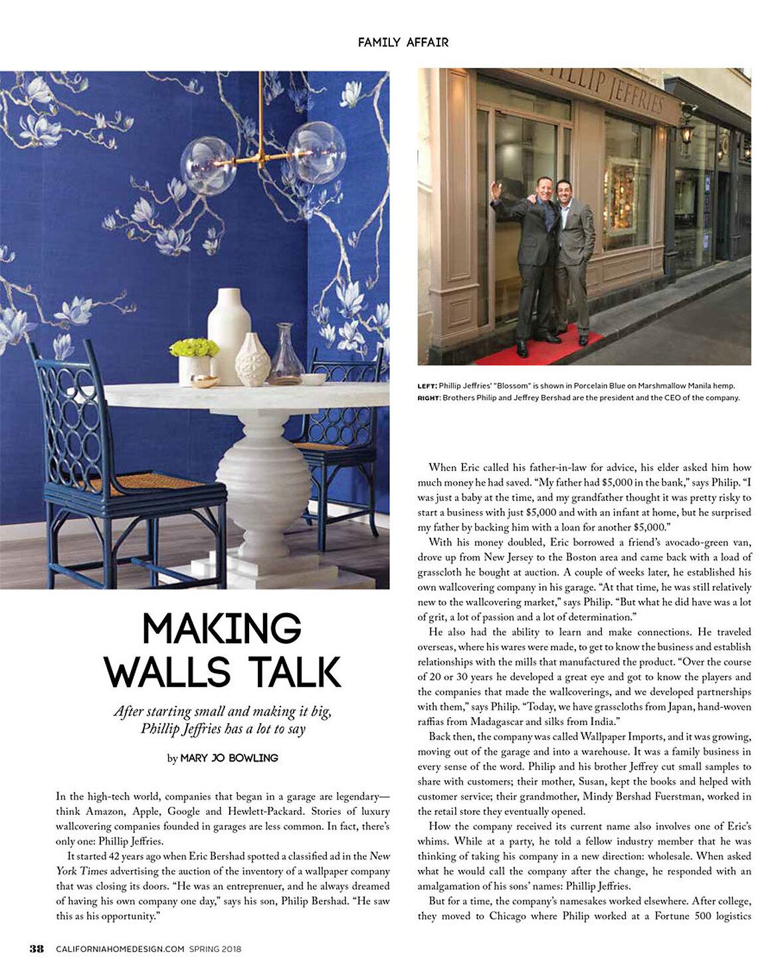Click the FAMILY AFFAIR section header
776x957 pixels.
click(x=403, y=43)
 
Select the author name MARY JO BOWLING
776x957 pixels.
click(x=229, y=758)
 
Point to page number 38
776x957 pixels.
click(x=37, y=948)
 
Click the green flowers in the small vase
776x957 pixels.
click(x=194, y=348)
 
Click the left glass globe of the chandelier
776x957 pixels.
click(x=208, y=165)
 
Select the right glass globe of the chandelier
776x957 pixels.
click(x=316, y=152)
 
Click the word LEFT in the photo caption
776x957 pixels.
click(x=427, y=386)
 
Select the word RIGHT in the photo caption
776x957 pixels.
click(x=429, y=398)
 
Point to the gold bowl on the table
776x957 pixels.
click(x=205, y=381)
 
